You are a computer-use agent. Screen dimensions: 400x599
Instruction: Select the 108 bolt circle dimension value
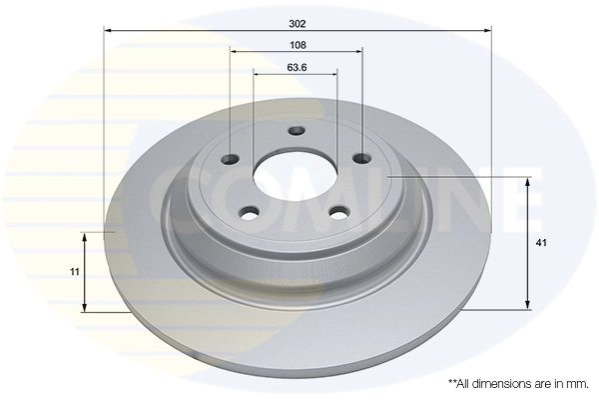click(297, 45)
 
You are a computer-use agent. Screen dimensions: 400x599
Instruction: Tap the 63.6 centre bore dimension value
click(297, 68)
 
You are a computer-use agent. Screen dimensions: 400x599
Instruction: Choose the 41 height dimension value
click(542, 243)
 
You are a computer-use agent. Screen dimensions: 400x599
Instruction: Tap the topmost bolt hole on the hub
click(296, 130)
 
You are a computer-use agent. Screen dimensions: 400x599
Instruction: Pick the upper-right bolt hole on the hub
click(360, 158)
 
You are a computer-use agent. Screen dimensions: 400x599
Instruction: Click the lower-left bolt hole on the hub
click(250, 211)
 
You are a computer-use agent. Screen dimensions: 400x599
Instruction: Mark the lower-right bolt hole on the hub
click(339, 211)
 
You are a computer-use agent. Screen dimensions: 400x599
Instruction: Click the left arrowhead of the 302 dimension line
click(109, 32)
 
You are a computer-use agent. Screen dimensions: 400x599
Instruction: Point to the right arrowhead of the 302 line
click(487, 32)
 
